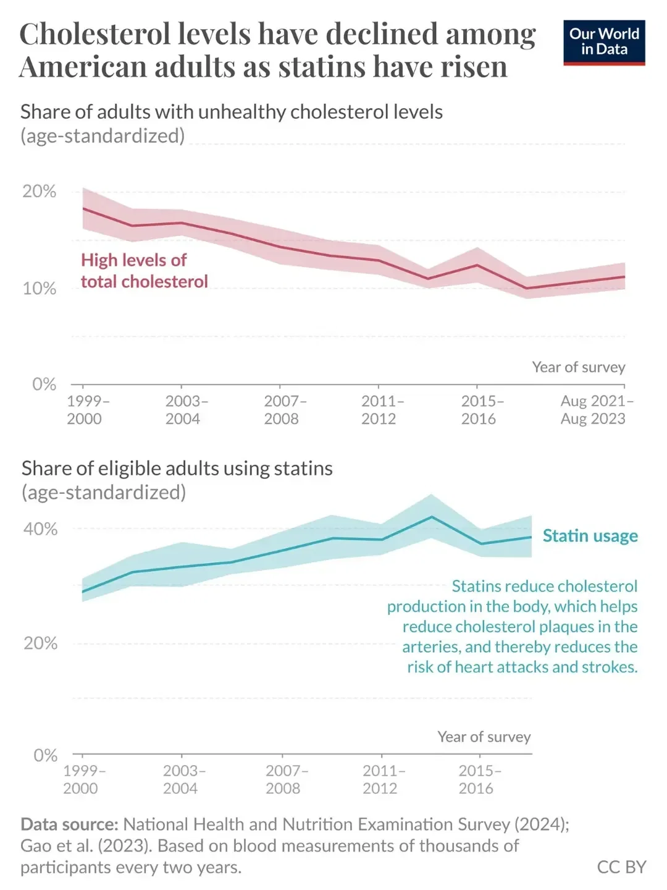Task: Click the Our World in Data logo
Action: pos(603,42)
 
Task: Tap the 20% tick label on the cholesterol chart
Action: pos(40,192)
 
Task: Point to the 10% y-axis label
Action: pos(40,289)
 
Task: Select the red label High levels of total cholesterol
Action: pos(144,271)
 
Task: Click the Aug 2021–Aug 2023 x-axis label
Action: pos(593,410)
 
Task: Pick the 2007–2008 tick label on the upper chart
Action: pos(282,410)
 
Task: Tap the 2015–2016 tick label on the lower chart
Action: pos(477,779)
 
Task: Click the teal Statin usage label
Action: pos(590,536)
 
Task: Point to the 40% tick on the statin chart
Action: pos(41,529)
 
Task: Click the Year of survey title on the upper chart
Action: pos(579,367)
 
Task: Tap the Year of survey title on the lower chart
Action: pos(484,737)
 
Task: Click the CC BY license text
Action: pos(621,867)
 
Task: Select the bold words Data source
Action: pos(69,824)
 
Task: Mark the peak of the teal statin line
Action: pos(432,517)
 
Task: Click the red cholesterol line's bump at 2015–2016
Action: pos(477,265)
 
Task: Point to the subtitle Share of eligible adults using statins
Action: pos(177,468)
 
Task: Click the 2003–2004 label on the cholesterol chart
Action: pos(183,410)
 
